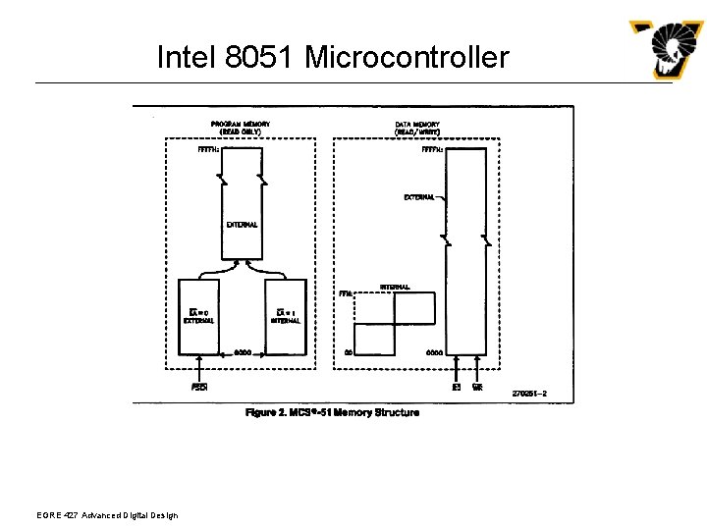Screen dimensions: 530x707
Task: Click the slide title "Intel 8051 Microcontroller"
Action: click(333, 57)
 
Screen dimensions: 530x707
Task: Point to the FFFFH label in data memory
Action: click(432, 150)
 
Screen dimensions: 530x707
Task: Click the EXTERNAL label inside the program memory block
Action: click(242, 225)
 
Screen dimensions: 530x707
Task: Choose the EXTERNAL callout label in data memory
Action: click(419, 197)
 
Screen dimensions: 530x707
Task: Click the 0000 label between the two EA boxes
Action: click(243, 351)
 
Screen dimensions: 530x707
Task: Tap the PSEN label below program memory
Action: click(198, 387)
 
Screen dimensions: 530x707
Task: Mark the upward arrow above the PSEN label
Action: click(198, 371)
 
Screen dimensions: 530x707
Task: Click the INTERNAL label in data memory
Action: click(395, 287)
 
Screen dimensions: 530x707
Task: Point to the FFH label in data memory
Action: click(345, 293)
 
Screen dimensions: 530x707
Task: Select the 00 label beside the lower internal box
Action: click(348, 352)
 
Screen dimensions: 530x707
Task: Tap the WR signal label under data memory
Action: click(477, 387)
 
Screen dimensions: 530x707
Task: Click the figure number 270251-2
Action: click(529, 394)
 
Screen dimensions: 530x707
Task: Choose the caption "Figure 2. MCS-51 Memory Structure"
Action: click(332, 412)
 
